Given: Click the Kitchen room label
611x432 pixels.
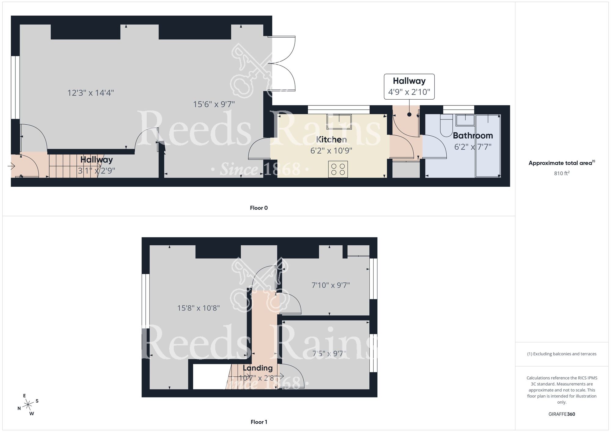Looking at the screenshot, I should pos(331,140).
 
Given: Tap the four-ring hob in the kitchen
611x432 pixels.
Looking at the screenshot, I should pos(338,169).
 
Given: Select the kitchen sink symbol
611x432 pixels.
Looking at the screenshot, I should pos(339,121).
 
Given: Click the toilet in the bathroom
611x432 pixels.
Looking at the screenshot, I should pos(446,126).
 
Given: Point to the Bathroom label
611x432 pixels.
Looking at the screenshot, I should pos(473,136).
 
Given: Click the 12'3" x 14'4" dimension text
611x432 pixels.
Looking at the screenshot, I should pos(91,93).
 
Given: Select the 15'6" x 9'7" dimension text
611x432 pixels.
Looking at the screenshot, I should pos(214,104).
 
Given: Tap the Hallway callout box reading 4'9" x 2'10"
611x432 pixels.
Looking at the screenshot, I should pos(409,86).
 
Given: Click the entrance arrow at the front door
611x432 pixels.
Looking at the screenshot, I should pos(11,166).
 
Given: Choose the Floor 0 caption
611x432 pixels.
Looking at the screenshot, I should pos(259,208).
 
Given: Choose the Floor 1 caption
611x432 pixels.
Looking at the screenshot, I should pos(259,422).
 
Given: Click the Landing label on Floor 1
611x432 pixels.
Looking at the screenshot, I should pos(258,368).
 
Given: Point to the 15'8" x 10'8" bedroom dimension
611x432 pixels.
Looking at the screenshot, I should pos(199,308).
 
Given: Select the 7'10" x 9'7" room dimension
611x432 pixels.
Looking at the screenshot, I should pos(331,285).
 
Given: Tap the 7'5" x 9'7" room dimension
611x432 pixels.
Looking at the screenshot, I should pos(329,354).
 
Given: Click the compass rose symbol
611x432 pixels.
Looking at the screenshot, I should pos(28,405).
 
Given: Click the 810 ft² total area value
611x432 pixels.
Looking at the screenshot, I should pos(562,173).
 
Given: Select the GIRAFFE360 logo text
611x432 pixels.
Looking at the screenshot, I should pos(562,414).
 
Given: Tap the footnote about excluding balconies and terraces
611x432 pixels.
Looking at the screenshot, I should pos(562,354).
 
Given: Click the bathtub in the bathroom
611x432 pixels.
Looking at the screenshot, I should pos(488,146).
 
